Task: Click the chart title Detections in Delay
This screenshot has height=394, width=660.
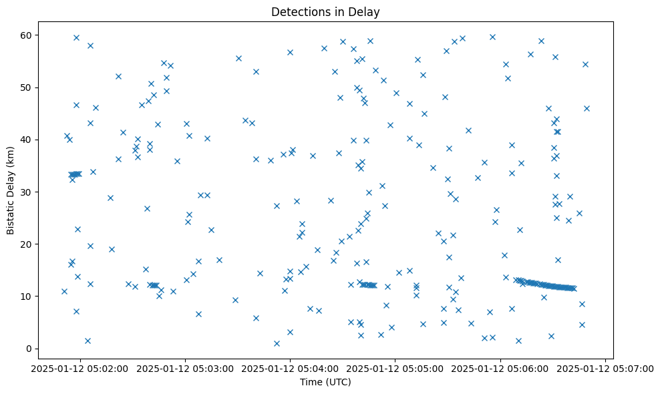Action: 325,12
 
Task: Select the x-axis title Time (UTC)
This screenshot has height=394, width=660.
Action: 325,382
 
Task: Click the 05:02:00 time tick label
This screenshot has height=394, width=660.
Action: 80,369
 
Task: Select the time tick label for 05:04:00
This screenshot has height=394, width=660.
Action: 290,369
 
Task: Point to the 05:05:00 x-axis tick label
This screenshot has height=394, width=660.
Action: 395,369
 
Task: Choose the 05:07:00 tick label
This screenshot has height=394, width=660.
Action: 605,369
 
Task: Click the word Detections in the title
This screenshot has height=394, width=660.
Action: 297,12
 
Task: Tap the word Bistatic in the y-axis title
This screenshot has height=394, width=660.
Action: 10,215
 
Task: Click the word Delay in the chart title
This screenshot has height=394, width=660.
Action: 367,12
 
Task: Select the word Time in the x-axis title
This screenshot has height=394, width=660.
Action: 311,382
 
